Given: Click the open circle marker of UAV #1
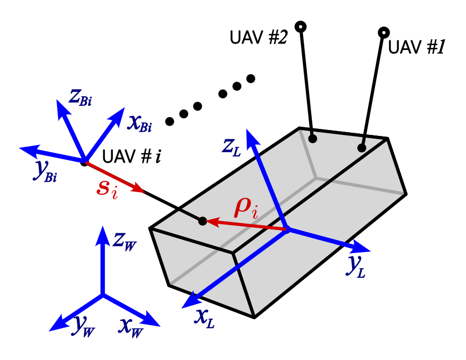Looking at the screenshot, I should (383, 32).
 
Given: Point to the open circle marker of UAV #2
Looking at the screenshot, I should (301, 26).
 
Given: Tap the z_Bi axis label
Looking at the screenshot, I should (79, 97).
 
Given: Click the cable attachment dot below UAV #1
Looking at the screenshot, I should (362, 148).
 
